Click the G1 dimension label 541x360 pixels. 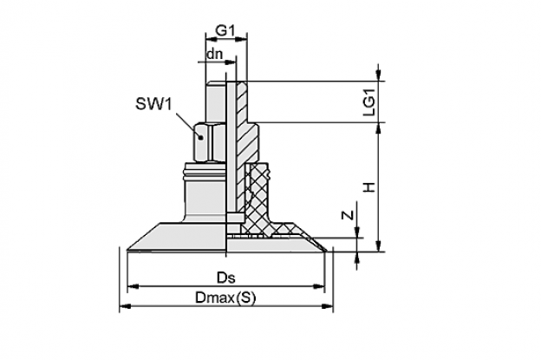(225, 31)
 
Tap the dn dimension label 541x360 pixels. (214, 54)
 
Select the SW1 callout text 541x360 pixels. (153, 104)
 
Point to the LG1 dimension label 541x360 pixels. (369, 102)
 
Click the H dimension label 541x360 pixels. (369, 187)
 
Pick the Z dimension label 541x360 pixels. (349, 214)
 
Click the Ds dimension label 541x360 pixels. (226, 278)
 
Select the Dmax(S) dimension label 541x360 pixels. (225, 298)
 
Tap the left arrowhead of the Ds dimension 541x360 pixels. (134, 286)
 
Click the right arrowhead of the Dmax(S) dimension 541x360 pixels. (328, 306)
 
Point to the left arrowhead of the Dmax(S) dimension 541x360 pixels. (125, 306)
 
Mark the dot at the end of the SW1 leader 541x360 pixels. (201, 137)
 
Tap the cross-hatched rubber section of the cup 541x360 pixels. (259, 200)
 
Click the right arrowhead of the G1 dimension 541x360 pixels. (242, 39)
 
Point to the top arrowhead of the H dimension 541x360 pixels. (379, 128)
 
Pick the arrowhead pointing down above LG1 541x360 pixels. (379, 75)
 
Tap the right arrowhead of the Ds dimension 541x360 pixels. (319, 286)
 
